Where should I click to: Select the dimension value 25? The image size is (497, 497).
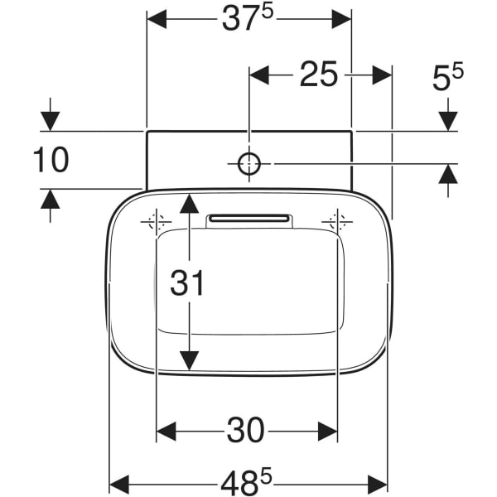(x=318, y=75)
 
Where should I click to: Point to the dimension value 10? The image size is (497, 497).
(x=51, y=160)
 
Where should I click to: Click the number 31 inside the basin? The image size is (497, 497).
(x=187, y=283)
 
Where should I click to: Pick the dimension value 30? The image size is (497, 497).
(x=246, y=430)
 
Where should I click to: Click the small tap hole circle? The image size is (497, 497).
(x=249, y=164)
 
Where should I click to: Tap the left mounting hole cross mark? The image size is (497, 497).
(x=156, y=222)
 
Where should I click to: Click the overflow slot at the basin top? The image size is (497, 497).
(x=249, y=219)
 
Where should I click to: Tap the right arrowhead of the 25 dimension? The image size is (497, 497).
(x=381, y=75)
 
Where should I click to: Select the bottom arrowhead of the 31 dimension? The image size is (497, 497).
(x=190, y=360)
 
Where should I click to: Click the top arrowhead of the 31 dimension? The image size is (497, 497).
(x=190, y=204)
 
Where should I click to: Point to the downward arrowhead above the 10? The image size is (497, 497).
(x=51, y=120)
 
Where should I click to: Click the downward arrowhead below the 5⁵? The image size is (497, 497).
(x=448, y=120)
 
